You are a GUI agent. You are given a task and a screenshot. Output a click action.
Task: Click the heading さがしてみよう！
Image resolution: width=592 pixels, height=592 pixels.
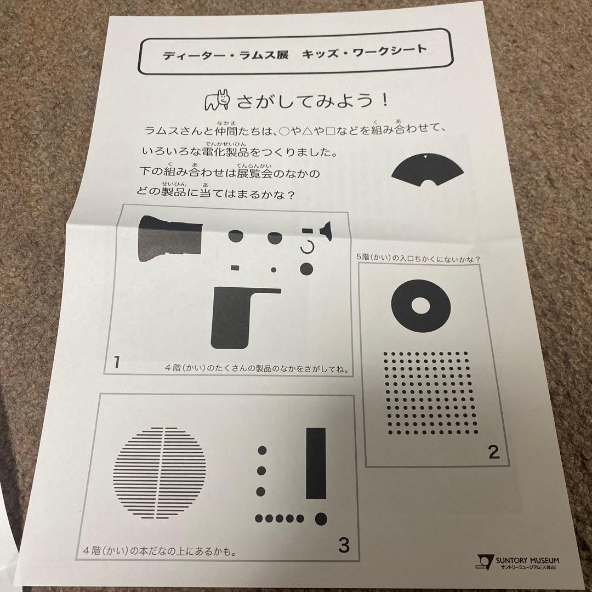pos(312,101)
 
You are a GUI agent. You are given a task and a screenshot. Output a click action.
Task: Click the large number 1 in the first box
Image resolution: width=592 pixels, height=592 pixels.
pos(117,363)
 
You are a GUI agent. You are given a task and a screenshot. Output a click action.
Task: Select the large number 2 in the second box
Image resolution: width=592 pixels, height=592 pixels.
pos(493,452)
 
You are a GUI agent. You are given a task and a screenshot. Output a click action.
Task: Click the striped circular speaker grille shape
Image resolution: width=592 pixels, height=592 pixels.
pos(160,472)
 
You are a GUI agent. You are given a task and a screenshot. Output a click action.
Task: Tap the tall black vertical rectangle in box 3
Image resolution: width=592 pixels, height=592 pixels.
pos(315,463)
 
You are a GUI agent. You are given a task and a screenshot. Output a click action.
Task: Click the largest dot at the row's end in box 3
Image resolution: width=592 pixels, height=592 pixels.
pos(321,518)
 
